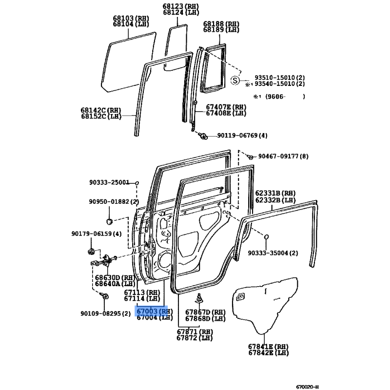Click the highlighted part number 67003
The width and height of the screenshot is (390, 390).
147,311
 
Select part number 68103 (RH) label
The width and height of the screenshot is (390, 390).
131,18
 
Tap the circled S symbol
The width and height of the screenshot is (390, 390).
235,80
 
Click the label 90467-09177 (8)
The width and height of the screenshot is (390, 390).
283,156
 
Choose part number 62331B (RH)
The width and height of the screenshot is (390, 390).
275,193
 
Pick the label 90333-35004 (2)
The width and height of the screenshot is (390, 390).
273,253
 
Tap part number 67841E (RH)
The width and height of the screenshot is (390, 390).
269,347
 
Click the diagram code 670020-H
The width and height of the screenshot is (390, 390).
308,387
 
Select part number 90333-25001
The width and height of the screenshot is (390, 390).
109,182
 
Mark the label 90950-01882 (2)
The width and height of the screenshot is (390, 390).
114,201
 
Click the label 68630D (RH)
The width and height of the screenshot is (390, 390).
115,277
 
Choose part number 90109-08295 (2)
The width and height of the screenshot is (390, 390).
105,313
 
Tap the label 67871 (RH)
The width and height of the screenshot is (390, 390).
195,332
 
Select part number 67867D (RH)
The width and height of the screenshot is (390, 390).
205,312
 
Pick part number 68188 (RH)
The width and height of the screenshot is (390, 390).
221,24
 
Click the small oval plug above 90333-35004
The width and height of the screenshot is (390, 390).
266,237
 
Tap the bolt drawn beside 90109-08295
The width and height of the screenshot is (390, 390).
104,296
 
